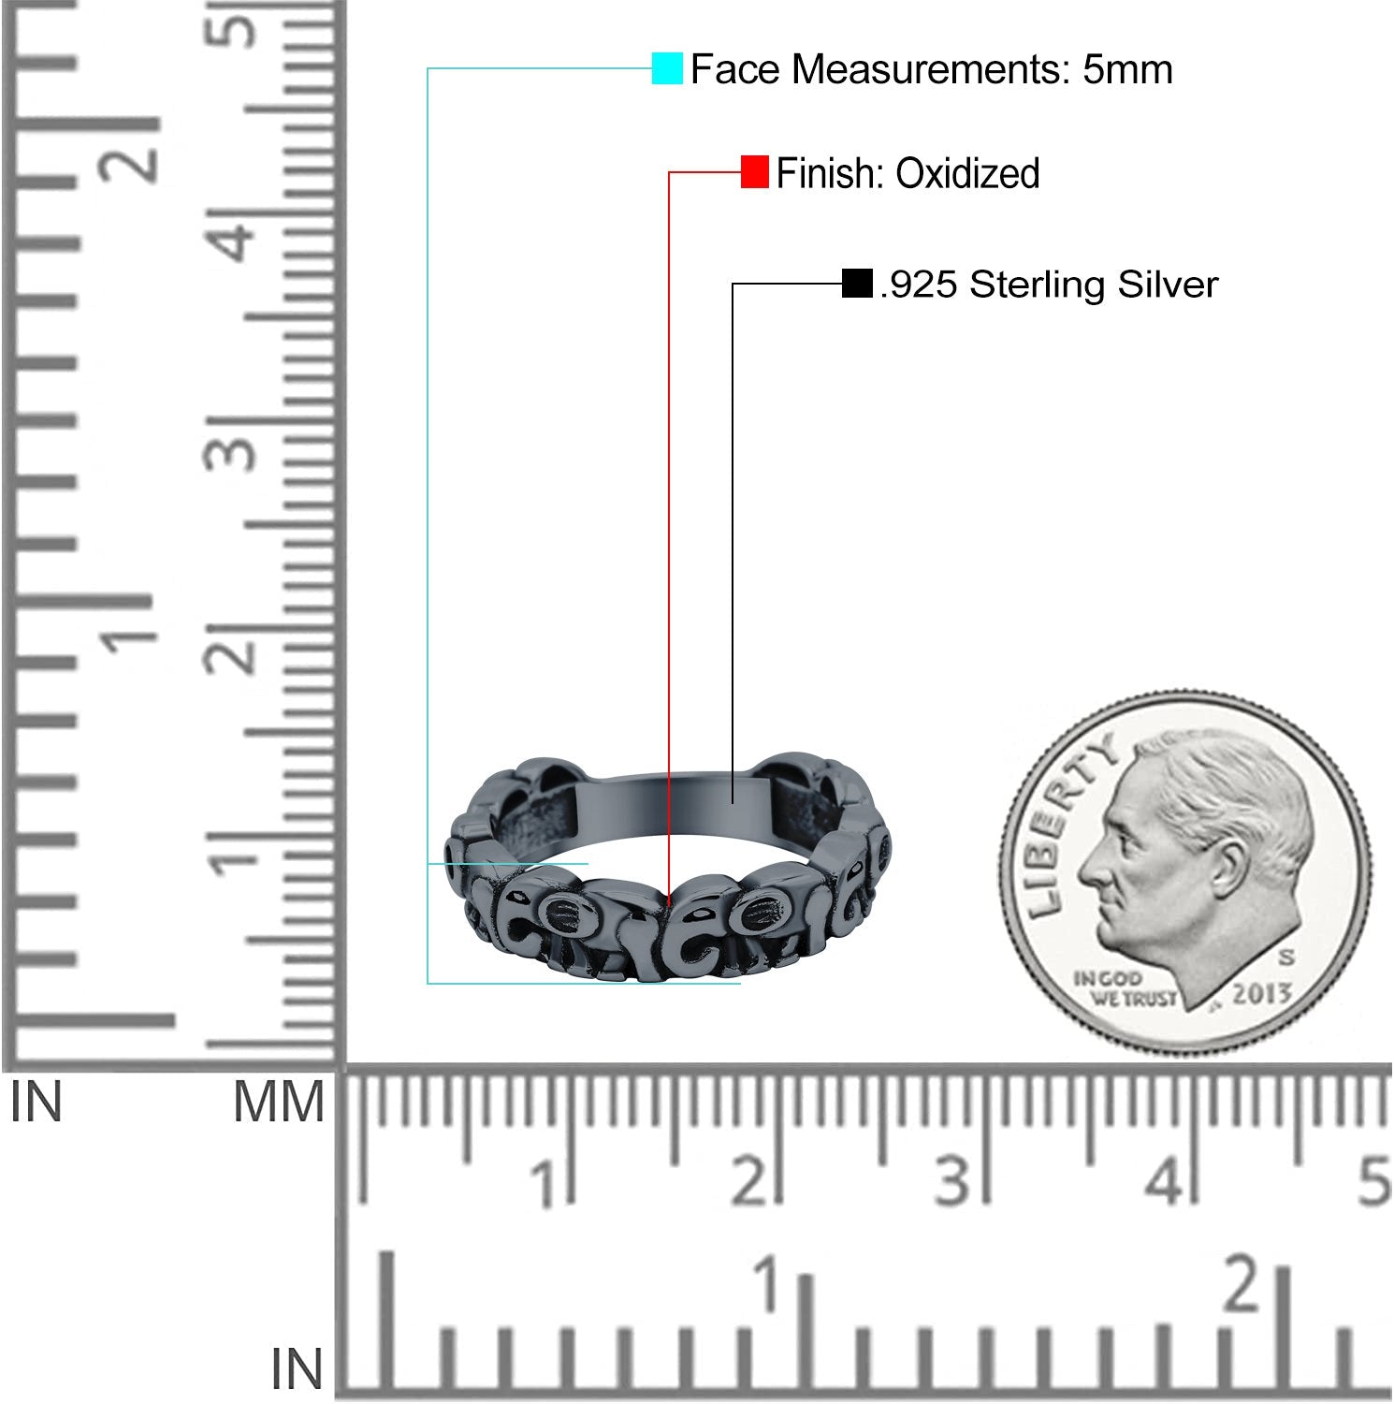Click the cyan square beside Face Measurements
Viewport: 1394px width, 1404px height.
coord(667,68)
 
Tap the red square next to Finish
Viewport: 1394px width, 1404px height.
coord(755,172)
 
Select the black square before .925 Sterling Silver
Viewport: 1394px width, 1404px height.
coord(857,284)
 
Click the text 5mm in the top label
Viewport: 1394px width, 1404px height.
coord(1127,69)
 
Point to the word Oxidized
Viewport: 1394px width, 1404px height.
coord(967,173)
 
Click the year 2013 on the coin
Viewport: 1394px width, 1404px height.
coord(1261,994)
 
